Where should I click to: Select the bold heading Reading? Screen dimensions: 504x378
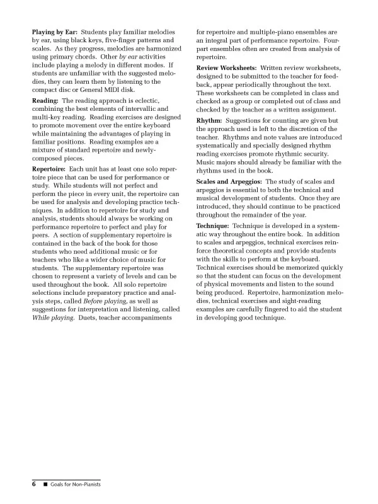tap(45, 100)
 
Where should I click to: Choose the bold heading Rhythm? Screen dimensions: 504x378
tap(209, 120)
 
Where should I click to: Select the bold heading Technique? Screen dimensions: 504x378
tap(214, 225)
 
